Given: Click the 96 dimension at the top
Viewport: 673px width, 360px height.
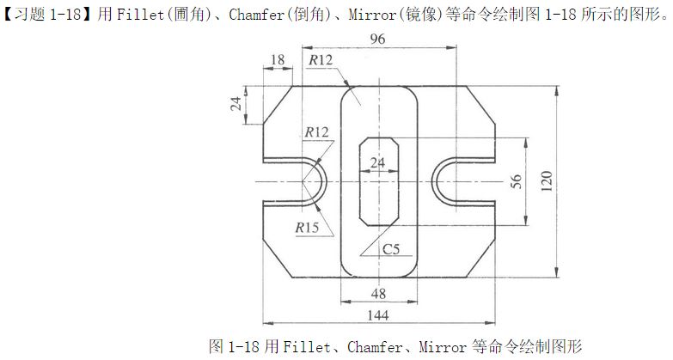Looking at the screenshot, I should [378, 40].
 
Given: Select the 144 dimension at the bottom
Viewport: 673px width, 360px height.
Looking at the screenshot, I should [378, 315].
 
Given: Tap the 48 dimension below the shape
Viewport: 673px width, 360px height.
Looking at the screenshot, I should [378, 294].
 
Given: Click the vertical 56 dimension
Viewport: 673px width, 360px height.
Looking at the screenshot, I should [516, 181].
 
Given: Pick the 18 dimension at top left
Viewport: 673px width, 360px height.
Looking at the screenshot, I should [277, 60].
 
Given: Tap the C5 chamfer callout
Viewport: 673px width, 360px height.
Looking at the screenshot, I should [391, 249].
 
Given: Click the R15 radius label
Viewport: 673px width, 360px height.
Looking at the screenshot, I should [307, 228].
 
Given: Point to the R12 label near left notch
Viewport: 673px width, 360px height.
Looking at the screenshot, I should [316, 132].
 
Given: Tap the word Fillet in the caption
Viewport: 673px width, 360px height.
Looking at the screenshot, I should [307, 347].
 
